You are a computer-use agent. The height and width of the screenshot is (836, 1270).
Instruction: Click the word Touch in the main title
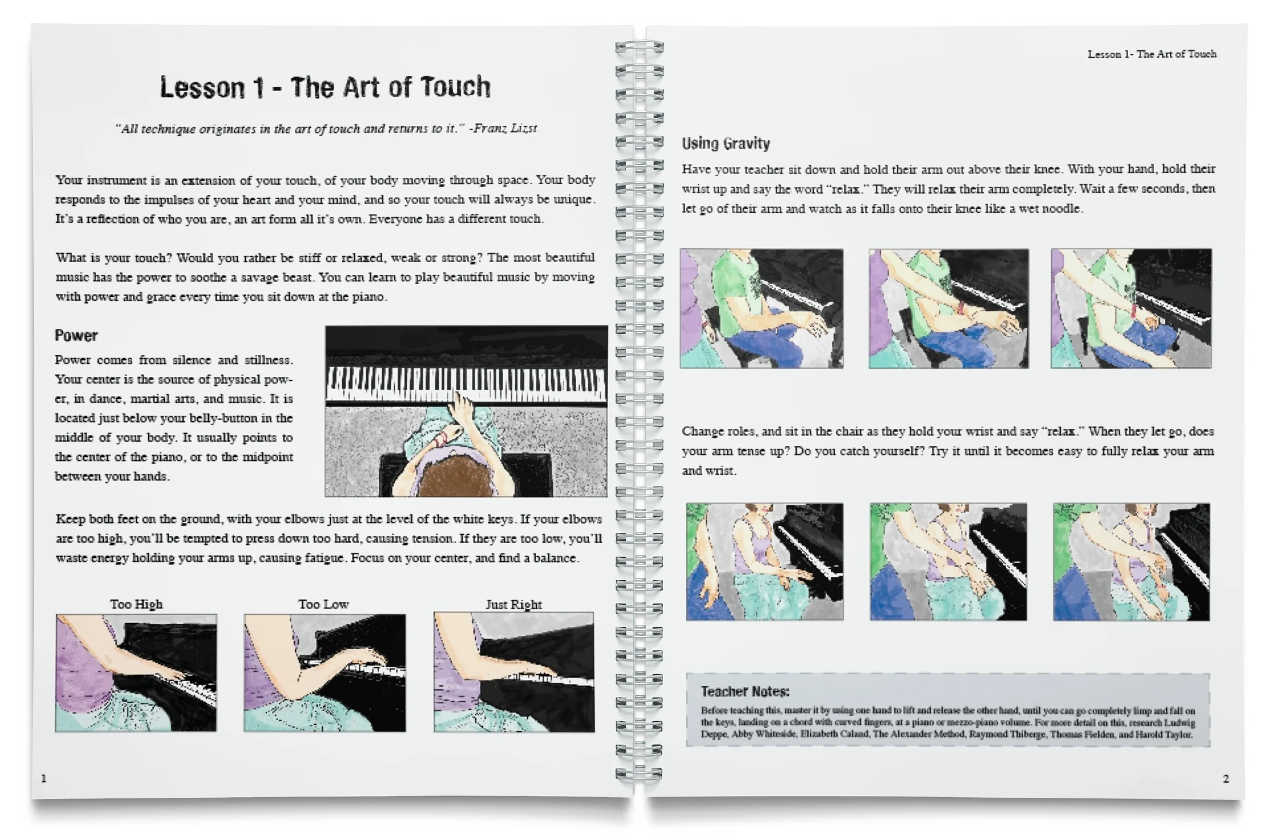point(455,87)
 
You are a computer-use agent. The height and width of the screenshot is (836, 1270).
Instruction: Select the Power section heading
point(76,336)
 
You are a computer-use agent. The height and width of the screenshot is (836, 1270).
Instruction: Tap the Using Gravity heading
point(726,144)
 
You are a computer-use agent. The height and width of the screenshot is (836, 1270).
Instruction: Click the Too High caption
point(136,604)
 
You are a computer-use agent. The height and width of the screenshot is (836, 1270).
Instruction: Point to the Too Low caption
point(323,604)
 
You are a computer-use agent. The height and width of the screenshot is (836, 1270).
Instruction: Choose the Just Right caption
point(514,605)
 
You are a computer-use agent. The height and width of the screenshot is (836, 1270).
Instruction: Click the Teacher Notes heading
point(745,691)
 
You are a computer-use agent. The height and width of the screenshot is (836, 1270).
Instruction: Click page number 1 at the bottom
point(43,779)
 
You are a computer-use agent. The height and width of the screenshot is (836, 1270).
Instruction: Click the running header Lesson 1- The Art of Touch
point(1152,54)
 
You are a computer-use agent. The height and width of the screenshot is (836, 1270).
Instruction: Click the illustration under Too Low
point(325,673)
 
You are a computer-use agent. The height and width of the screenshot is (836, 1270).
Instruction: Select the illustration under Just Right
point(514,673)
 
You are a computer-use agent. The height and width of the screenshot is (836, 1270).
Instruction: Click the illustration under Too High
point(136,673)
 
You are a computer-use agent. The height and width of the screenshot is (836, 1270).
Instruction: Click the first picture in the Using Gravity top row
point(761,308)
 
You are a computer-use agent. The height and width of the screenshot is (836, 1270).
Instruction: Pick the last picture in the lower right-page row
point(1131,562)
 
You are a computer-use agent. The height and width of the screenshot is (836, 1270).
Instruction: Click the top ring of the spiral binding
point(639,46)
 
